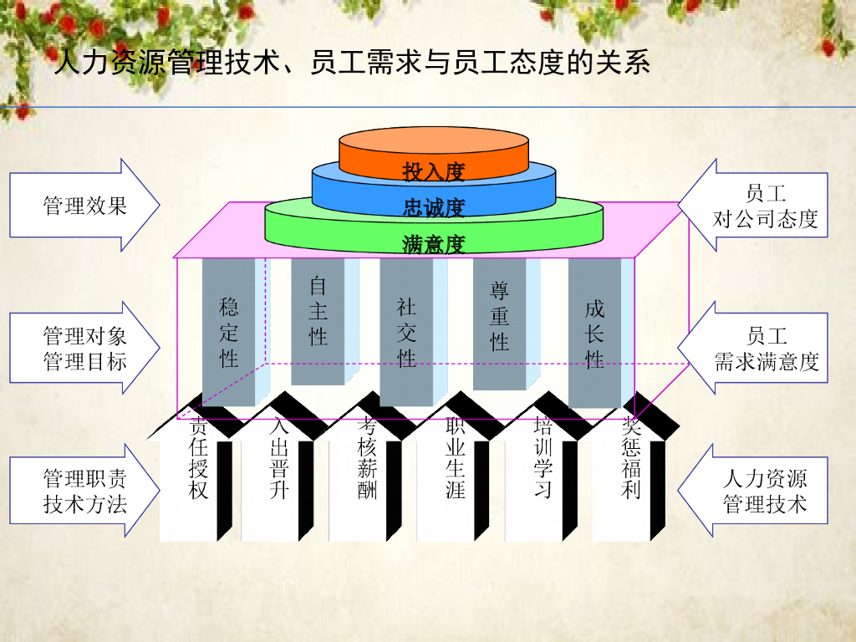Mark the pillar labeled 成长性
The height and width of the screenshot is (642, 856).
click(594, 334)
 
